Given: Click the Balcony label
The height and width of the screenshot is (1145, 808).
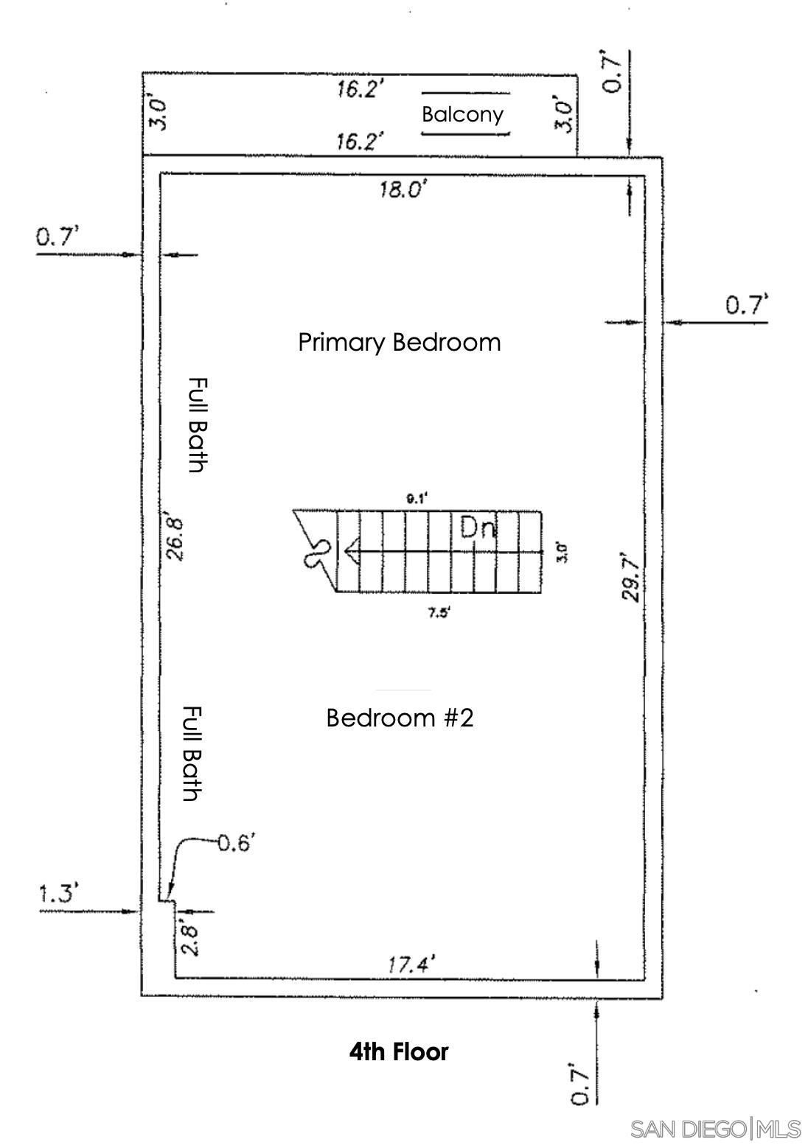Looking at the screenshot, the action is [462, 114].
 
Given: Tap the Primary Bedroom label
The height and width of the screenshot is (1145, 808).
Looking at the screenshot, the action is [400, 343].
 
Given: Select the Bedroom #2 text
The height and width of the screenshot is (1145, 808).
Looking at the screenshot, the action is [400, 718].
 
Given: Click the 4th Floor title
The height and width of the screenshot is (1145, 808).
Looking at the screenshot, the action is [399, 1052].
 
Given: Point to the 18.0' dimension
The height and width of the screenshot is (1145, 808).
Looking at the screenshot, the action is [403, 189].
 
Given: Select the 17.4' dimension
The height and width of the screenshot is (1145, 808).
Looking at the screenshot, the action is [411, 964].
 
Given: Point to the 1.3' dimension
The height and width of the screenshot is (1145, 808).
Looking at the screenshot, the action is [58, 893].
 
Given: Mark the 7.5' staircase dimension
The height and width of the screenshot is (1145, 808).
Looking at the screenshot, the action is [439, 613].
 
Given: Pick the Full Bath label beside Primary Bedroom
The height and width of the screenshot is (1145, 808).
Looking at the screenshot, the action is [198, 425].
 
